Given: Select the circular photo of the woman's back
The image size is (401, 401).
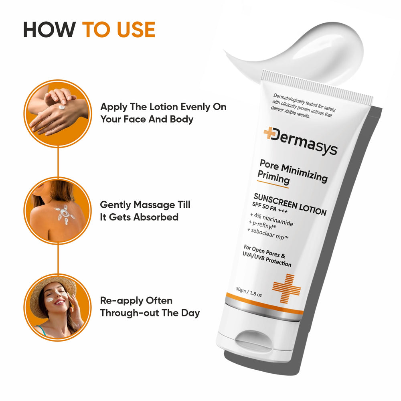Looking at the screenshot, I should (59, 210).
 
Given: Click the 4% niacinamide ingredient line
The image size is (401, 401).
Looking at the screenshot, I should (272, 219).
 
